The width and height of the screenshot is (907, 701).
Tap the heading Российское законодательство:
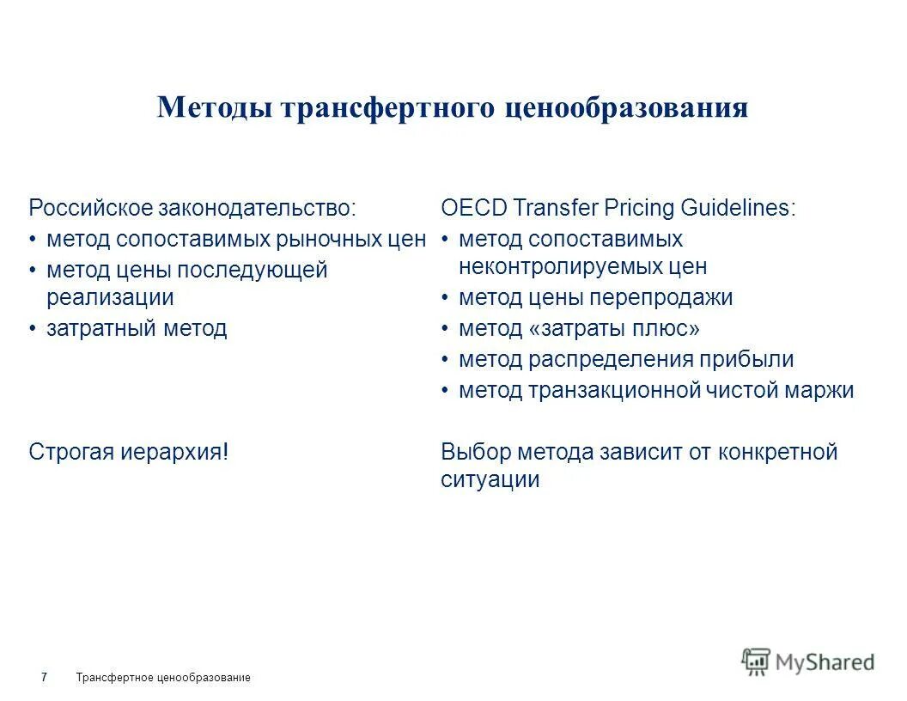(192, 208)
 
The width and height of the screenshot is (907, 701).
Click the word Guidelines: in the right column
(738, 208)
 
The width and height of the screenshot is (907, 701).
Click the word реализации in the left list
(110, 298)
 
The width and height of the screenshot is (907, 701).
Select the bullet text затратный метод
(137, 328)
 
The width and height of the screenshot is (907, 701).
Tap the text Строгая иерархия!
(129, 452)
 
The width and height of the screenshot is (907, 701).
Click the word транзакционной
(614, 391)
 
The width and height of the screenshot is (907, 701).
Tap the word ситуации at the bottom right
(490, 480)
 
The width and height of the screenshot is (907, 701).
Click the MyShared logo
(807, 661)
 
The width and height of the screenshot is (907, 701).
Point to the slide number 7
(44, 678)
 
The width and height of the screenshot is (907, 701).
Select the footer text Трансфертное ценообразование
(163, 678)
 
